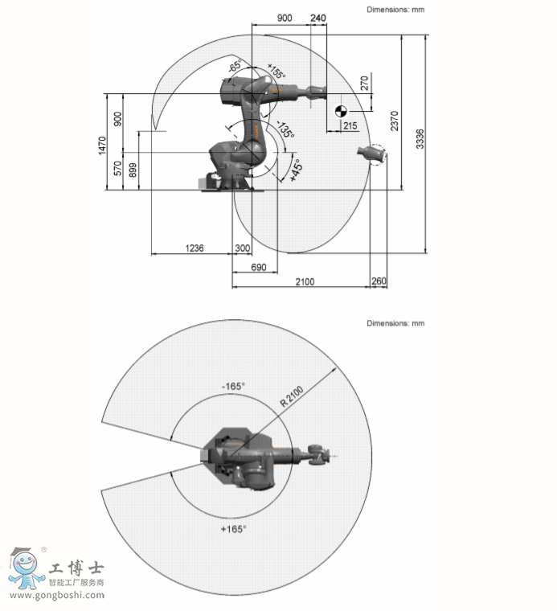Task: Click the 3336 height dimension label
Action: [420, 139]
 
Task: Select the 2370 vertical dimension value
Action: [395, 121]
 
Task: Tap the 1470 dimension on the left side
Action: [102, 146]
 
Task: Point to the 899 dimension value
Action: [133, 170]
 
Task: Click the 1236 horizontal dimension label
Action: [195, 248]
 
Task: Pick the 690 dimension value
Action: [259, 267]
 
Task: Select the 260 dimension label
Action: [379, 281]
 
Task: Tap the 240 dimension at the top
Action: [318, 18]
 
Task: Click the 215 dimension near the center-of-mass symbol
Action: [350, 125]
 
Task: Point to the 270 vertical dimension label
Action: [364, 83]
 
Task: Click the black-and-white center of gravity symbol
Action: [341, 112]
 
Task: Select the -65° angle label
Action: [235, 65]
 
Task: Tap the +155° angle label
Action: [276, 71]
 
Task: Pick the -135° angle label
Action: [285, 129]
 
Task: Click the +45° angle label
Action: [296, 170]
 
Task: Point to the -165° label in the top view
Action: [233, 386]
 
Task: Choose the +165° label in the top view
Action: [233, 529]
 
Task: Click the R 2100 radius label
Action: [292, 396]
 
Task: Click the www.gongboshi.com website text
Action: [57, 595]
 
